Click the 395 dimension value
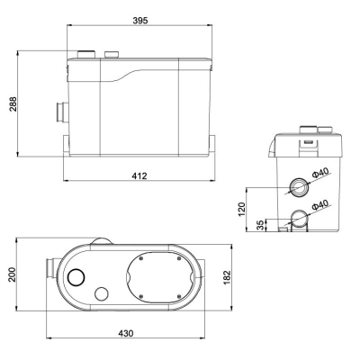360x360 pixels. point(140,21)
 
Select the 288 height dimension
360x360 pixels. point(13,104)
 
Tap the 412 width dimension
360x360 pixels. point(139,175)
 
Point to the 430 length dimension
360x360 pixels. point(126,333)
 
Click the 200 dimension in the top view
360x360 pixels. point(13,274)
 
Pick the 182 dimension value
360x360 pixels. point(227,277)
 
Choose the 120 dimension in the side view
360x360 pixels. point(242,210)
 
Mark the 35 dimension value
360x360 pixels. point(261,225)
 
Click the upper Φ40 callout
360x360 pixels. point(320,173)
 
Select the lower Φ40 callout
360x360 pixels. point(320,205)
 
